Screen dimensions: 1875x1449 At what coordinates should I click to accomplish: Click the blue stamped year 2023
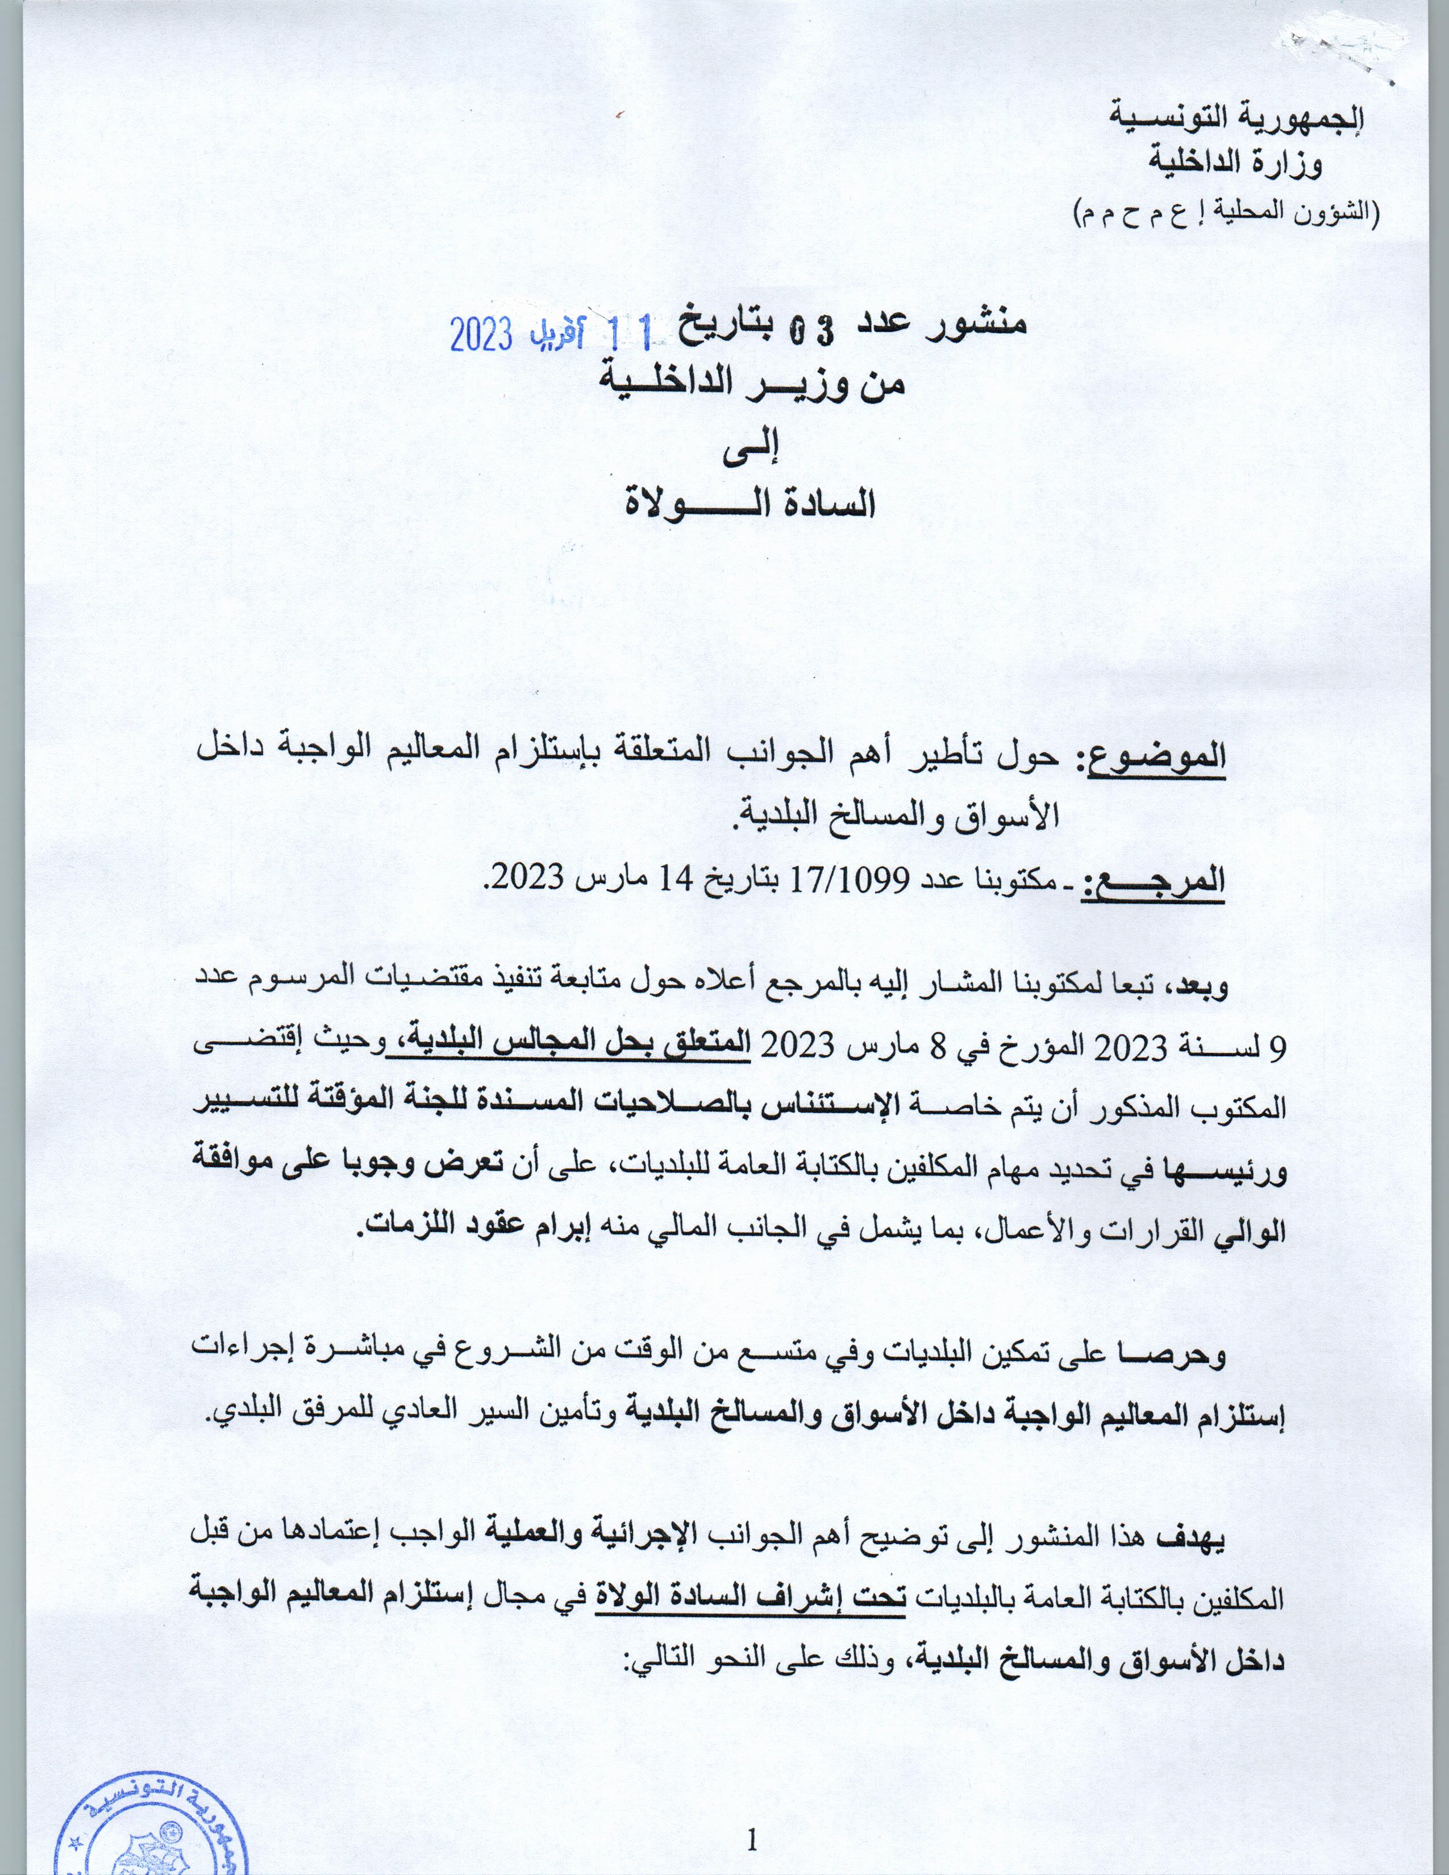481,336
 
